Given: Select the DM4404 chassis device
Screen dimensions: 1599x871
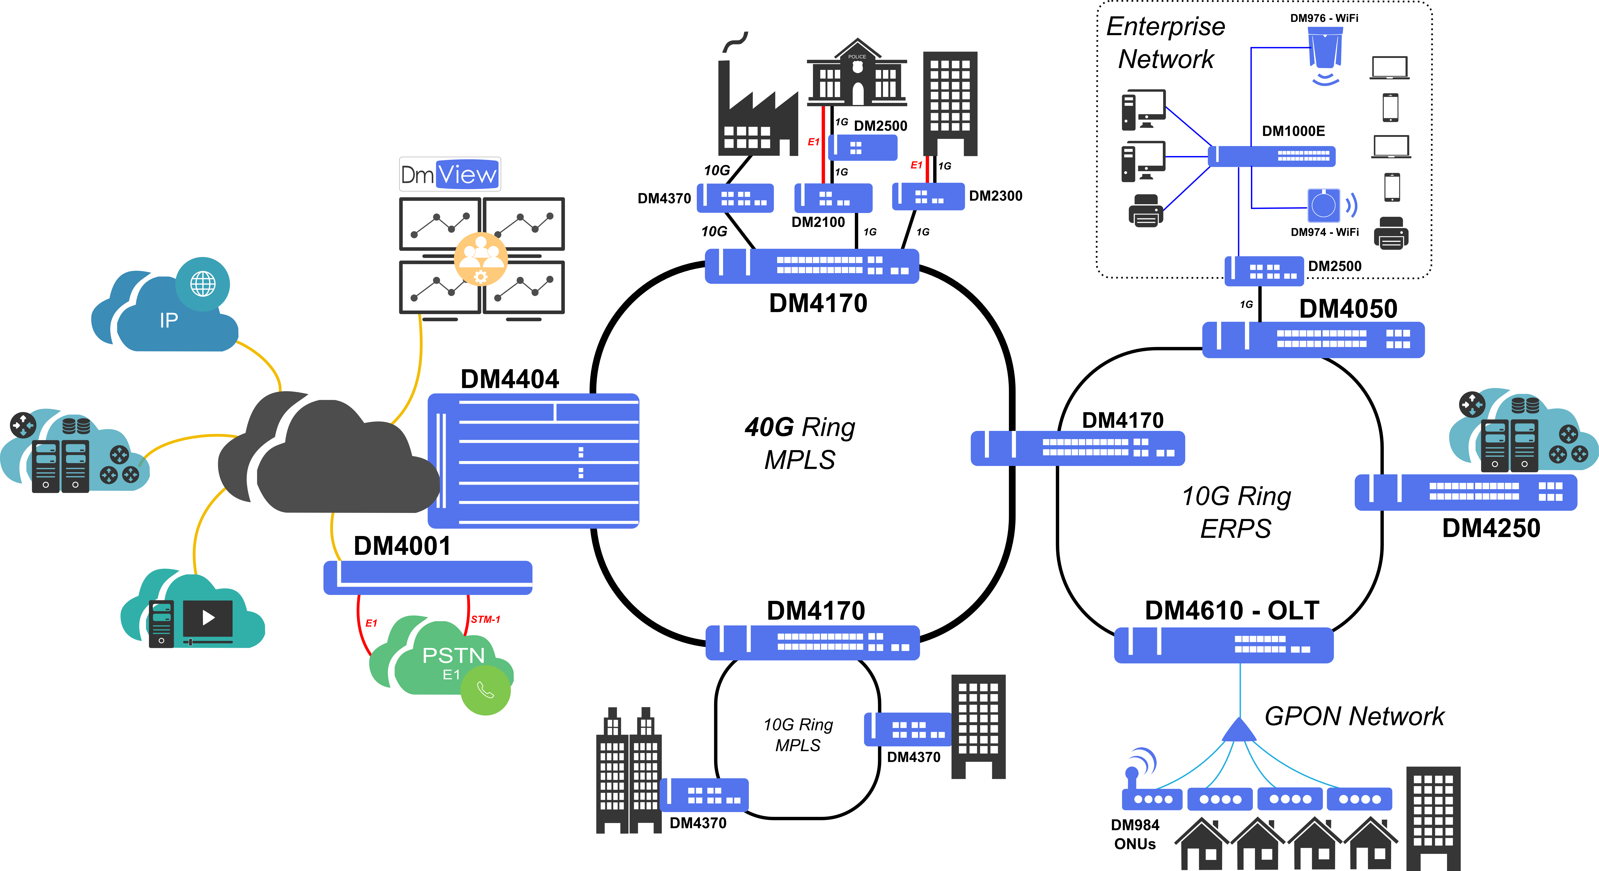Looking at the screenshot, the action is (533, 461).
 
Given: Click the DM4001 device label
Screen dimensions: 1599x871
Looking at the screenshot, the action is (402, 546).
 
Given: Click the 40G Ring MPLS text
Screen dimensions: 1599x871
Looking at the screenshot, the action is (800, 443).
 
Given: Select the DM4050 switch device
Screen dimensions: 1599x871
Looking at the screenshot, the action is (1313, 340).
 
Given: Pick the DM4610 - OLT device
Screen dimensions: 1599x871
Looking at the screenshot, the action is (1223, 645).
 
